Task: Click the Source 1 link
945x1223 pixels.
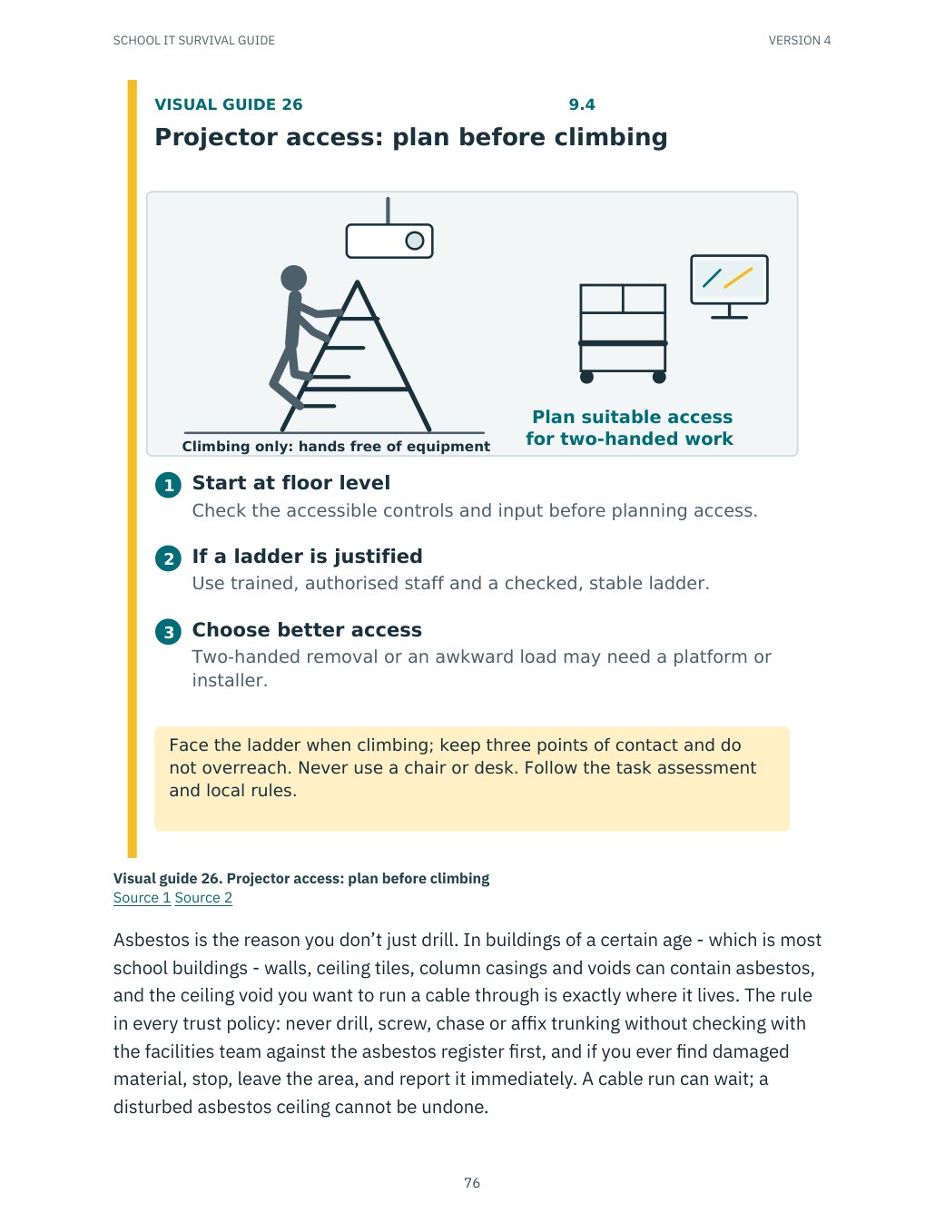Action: point(142,897)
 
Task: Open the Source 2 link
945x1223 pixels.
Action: point(203,897)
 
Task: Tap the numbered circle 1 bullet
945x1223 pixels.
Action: point(168,485)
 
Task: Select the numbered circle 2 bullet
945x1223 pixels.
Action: point(168,558)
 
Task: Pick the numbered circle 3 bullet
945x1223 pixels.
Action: point(168,632)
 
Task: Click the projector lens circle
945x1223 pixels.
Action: point(415,241)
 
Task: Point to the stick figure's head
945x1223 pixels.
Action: point(293,278)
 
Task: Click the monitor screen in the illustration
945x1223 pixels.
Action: point(729,279)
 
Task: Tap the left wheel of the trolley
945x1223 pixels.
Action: point(586,377)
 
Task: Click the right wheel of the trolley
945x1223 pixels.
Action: point(659,377)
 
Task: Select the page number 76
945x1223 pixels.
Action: point(472,1182)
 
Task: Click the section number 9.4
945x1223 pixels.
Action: point(582,104)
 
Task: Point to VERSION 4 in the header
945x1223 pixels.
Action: point(800,41)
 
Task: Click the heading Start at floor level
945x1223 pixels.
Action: point(290,482)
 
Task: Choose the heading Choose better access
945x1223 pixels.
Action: point(307,630)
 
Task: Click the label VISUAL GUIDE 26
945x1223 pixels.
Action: point(229,104)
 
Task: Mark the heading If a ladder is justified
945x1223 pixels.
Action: point(307,557)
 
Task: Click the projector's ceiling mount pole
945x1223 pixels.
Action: point(388,211)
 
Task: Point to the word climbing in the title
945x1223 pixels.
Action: point(611,137)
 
